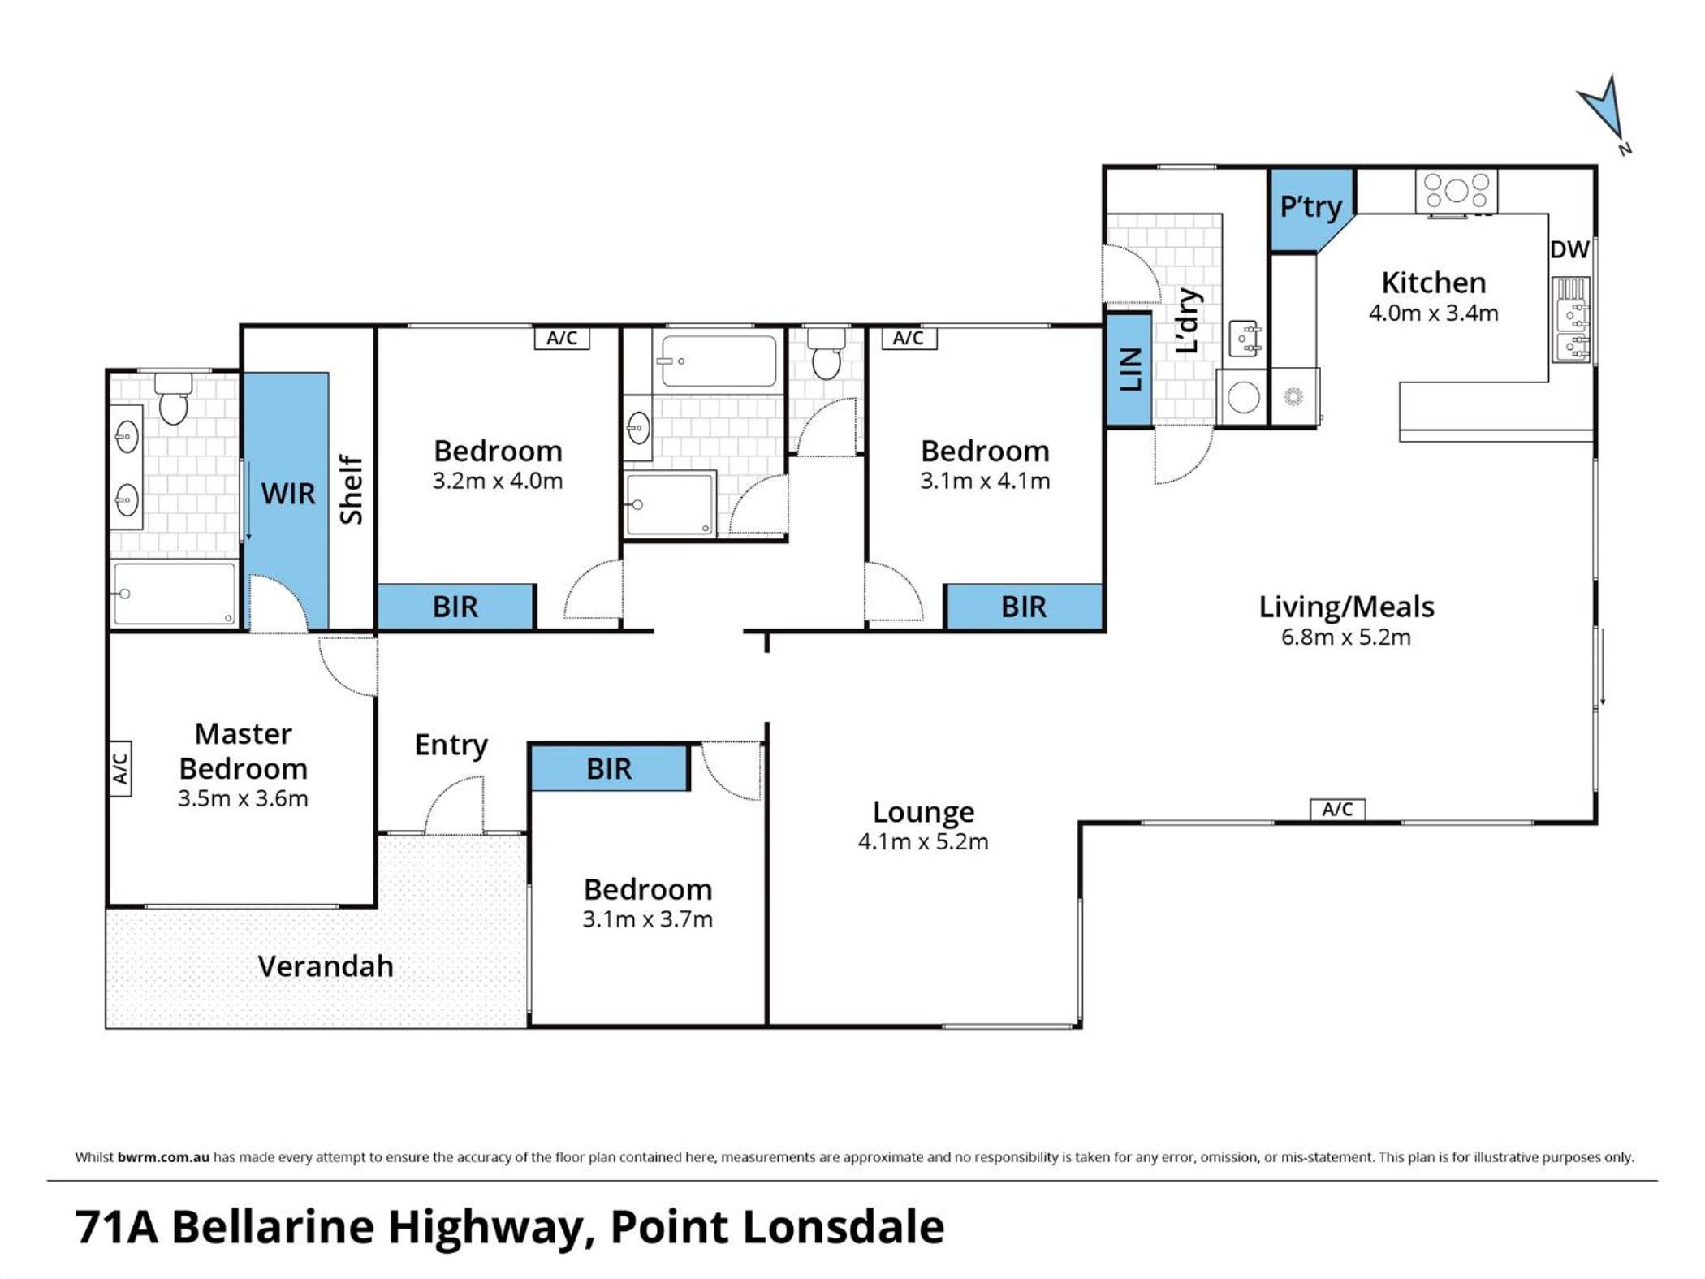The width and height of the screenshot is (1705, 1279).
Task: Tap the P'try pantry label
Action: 1310,207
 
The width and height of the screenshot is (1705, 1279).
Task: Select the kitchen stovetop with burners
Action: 1457,192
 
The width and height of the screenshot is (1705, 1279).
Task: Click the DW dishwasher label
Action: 1569,249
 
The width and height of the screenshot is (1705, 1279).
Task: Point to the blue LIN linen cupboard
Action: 1129,369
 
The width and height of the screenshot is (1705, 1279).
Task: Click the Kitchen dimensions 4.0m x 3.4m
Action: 1434,313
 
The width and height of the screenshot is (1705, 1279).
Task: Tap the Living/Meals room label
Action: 1346,607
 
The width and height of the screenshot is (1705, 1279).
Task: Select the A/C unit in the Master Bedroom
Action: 120,768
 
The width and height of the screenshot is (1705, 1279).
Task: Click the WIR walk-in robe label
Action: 288,494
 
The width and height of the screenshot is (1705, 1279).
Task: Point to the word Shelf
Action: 351,490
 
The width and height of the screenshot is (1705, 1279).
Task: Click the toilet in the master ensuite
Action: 173,399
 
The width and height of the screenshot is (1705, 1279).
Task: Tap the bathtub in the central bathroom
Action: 718,361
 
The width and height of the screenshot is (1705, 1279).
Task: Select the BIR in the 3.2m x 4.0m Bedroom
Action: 455,607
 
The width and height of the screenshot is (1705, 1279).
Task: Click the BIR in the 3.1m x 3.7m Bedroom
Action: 609,768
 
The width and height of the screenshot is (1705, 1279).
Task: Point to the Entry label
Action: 451,745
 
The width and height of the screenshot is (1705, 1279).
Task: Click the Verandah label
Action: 326,966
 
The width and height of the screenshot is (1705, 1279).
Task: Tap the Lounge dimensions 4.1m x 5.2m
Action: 923,841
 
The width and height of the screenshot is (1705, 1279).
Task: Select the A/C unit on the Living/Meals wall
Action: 1337,810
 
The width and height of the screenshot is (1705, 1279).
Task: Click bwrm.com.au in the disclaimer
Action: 163,1157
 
